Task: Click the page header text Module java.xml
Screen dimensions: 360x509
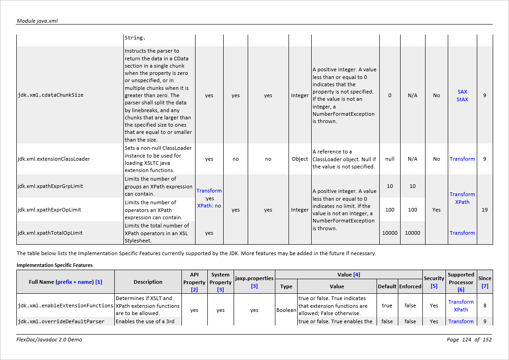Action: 37,21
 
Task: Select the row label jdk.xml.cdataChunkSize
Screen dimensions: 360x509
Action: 50,95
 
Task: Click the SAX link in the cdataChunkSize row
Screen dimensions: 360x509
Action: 462,92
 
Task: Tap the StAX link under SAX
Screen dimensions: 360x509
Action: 462,99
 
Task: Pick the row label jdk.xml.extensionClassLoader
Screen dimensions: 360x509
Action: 54,159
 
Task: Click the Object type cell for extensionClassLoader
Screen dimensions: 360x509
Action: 300,159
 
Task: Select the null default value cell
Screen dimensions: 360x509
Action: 390,159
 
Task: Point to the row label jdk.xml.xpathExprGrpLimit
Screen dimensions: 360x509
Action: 50,186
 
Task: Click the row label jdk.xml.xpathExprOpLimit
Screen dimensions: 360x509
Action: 49,210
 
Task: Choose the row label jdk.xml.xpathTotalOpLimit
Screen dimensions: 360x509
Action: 50,233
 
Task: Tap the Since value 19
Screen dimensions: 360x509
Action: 485,210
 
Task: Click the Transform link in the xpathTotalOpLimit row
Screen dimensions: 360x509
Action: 462,233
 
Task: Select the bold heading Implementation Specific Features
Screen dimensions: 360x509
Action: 54,265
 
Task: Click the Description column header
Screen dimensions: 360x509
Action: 148,282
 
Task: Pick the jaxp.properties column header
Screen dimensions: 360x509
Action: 254,278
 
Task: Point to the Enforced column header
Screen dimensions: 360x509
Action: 410,286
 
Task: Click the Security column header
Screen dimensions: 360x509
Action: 434,278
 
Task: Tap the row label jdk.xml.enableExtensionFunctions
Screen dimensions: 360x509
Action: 65,306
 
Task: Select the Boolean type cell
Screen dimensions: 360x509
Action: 286,310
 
